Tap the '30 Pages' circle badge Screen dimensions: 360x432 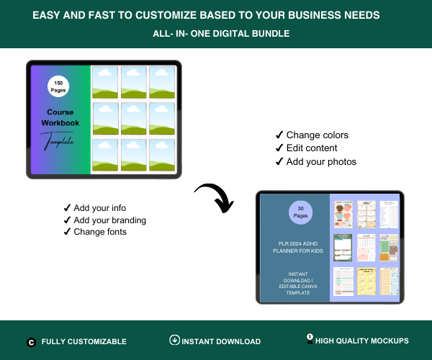(x=301, y=212)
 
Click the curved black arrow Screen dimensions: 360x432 (x=215, y=197)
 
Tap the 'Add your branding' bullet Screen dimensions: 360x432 (x=109, y=220)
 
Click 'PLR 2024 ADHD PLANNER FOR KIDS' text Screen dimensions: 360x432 (x=294, y=247)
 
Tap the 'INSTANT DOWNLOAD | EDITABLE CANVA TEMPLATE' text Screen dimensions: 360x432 (x=294, y=282)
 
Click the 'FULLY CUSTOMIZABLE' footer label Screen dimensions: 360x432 (x=84, y=341)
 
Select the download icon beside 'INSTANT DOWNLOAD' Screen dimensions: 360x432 (x=174, y=340)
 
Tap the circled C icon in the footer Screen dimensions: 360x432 (x=32, y=342)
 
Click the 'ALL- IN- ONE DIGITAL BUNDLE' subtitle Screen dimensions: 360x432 (x=215, y=33)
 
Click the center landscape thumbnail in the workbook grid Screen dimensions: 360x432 (x=134, y=119)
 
